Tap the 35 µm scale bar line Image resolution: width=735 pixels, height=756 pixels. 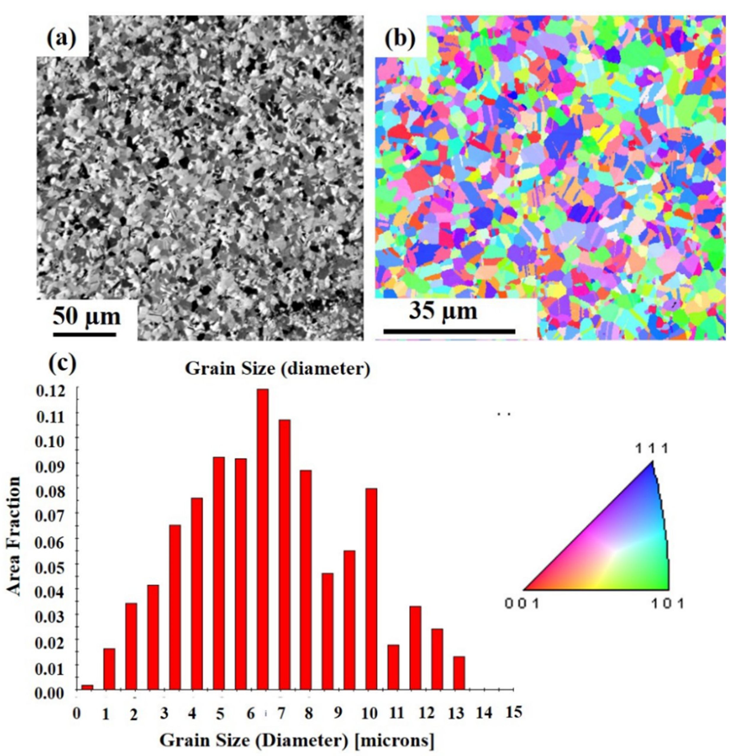[x=449, y=331]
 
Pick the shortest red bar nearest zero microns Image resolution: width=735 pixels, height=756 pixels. [x=87, y=687]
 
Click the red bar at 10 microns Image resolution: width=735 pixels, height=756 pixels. [x=371, y=589]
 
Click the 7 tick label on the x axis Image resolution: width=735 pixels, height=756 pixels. [x=281, y=714]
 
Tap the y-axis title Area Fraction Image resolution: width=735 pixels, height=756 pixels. [x=14, y=537]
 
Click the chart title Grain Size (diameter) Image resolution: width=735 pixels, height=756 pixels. [x=278, y=369]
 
